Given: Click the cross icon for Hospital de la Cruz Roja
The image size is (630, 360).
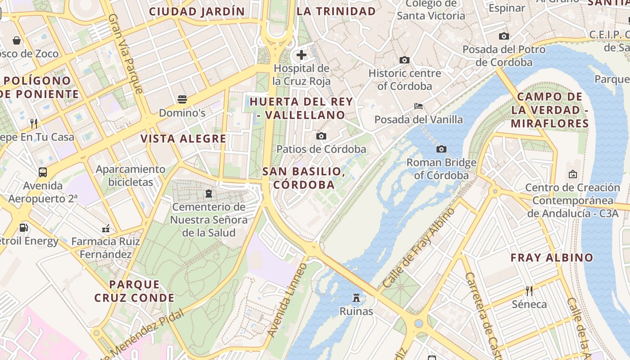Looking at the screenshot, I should pos(301,55).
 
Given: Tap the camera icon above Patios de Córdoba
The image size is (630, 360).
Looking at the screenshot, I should pos(321,136).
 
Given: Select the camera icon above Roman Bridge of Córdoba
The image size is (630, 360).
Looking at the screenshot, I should pos(441,149).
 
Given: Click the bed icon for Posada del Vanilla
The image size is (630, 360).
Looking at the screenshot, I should pos(418,106).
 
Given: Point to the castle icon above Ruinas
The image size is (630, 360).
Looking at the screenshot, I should pos(356,297).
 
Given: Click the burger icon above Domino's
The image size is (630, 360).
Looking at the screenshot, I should pos(182,99).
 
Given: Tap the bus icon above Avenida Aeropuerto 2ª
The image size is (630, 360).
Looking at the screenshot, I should pos(43,172).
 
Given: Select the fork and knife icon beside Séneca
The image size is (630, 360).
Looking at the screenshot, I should pos(529,291).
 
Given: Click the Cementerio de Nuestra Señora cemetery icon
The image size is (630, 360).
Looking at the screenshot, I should pos(209,193).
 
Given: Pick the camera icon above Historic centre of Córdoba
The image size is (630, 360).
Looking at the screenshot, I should pos(404,60).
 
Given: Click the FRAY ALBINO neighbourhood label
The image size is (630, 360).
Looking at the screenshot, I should pos(552,258).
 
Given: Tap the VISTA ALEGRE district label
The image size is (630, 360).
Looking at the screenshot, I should pos(183,139).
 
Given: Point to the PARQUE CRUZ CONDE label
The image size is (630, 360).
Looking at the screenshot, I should pos(134,291).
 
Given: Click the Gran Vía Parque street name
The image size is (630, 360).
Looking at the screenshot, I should pos(126,54).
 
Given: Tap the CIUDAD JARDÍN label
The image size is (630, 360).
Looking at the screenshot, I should pos(197,12).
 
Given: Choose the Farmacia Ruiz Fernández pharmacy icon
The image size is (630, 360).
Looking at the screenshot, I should pos(106,229).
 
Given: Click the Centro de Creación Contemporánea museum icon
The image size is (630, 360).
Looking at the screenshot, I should pos(573,174).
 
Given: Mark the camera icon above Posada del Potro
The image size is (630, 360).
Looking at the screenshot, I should pos(504,36).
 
